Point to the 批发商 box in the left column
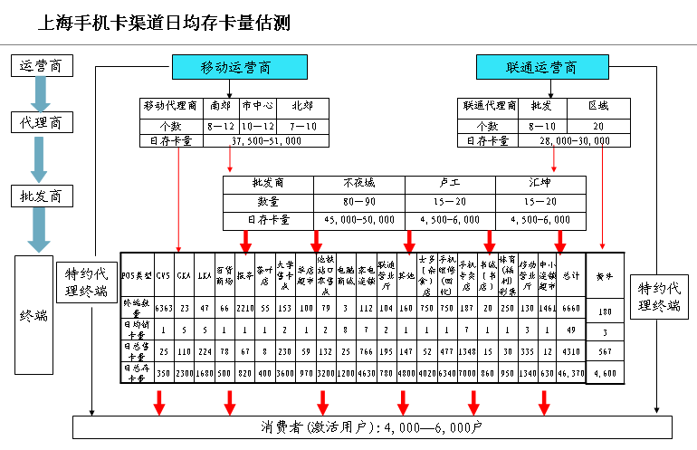40,196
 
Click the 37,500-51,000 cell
267,140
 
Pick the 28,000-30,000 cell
574,140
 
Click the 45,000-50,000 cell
358,219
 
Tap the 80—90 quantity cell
358,202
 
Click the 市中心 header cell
258,105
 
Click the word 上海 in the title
52,21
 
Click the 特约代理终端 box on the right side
656,298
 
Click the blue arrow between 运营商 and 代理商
40,94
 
